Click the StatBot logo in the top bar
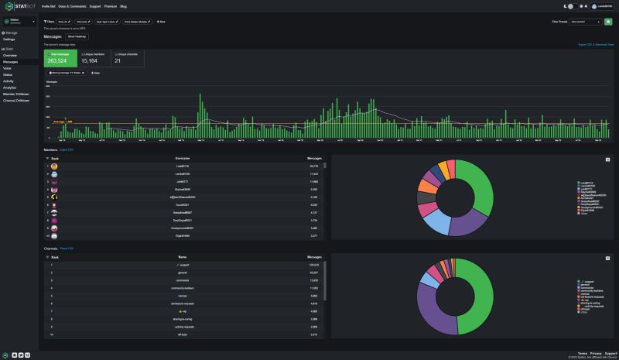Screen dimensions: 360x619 point(19,5)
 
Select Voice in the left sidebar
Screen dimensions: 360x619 point(7,68)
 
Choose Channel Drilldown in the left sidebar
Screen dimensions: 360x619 point(16,100)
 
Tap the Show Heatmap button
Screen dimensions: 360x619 point(77,36)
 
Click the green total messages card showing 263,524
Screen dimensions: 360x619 point(60,58)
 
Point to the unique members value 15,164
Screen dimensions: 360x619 point(90,60)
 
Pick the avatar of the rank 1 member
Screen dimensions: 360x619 point(54,166)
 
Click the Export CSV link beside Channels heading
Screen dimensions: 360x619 point(67,249)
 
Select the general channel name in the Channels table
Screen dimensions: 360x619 point(183,272)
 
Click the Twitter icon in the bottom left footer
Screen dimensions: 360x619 point(19,355)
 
